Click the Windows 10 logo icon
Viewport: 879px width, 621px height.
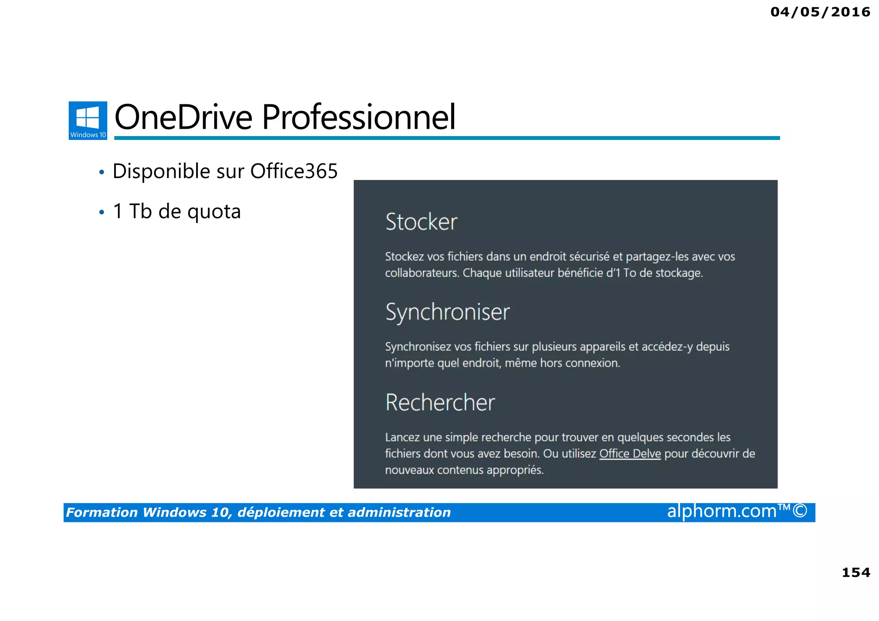[88, 120]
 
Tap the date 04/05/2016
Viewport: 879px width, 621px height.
[820, 12]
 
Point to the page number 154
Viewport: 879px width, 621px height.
[856, 573]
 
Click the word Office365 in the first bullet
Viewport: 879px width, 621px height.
[294, 171]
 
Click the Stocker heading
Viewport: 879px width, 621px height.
[421, 222]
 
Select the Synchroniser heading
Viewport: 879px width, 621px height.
[447, 312]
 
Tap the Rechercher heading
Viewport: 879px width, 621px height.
[440, 403]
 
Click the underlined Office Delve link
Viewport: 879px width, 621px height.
[630, 454]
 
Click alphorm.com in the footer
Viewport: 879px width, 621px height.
[721, 511]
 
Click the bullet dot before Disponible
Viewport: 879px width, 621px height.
[102, 173]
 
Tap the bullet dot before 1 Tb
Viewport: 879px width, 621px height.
[102, 212]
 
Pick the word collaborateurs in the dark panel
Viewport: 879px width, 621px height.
[421, 273]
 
